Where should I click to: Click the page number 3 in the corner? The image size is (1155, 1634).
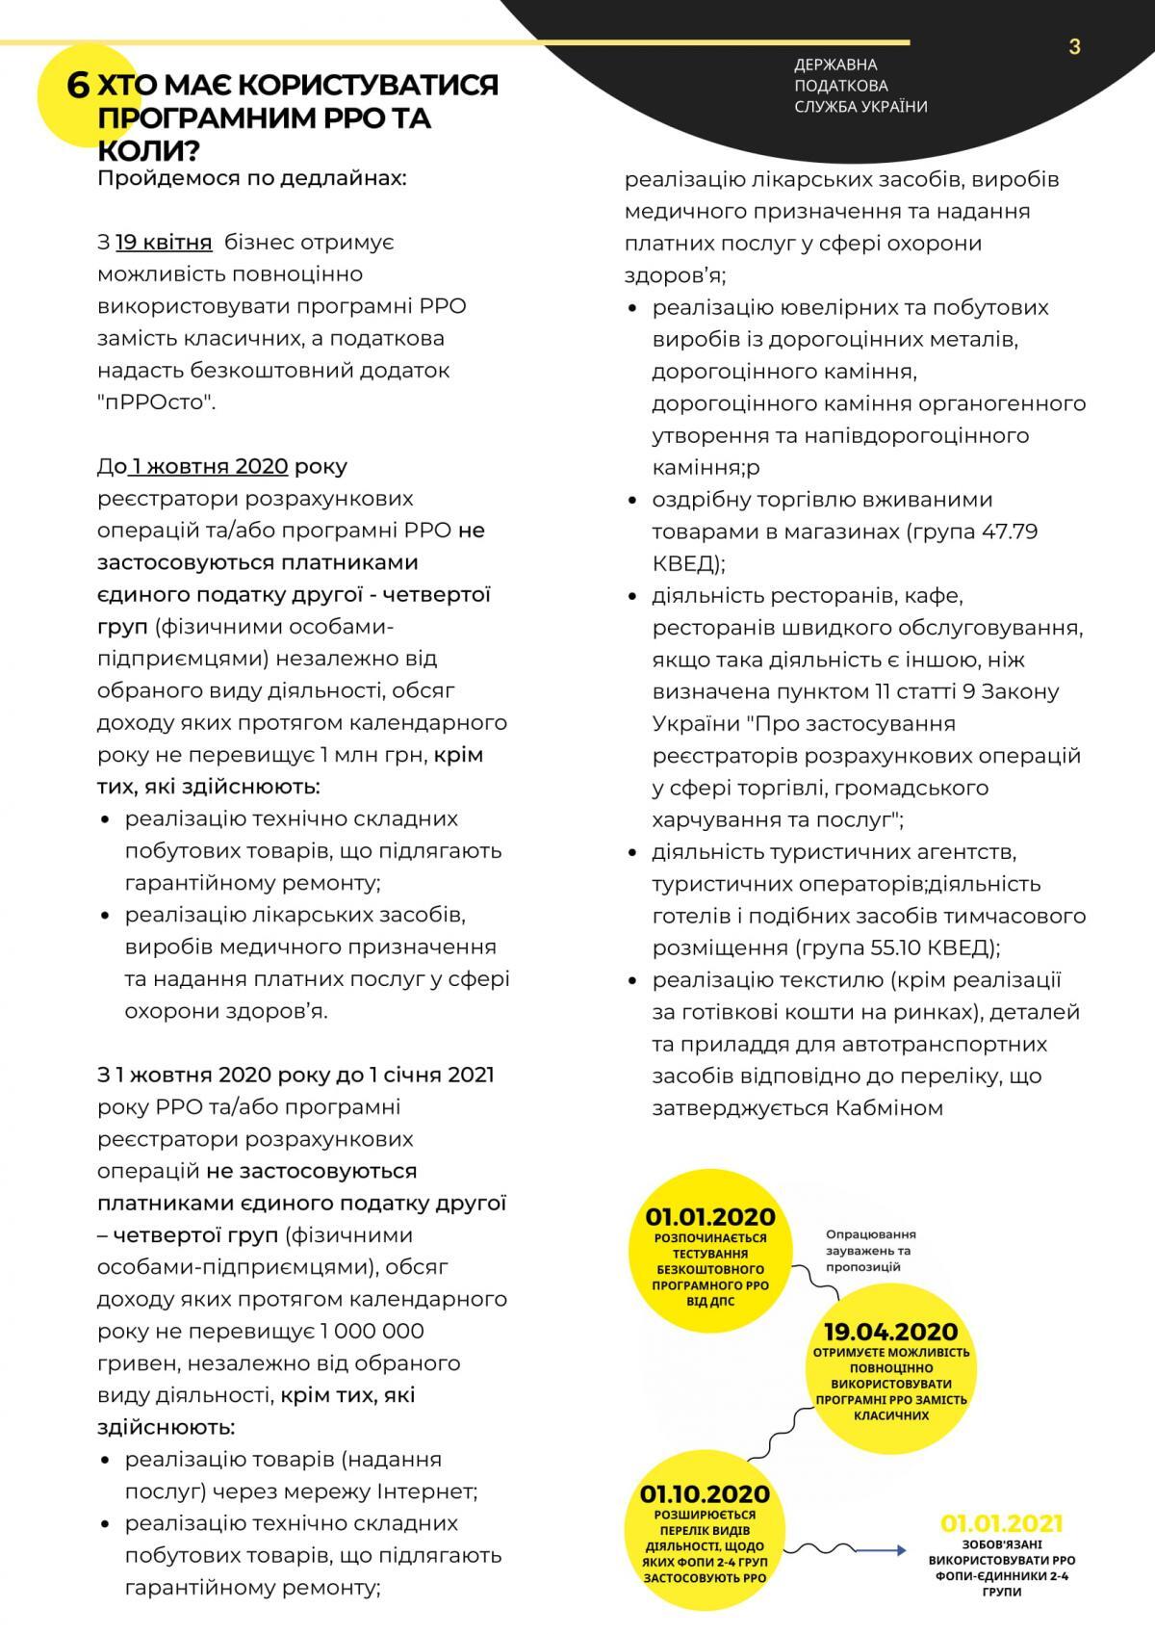1074,47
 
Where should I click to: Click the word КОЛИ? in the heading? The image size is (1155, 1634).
149,151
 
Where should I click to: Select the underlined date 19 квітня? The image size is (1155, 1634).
164,242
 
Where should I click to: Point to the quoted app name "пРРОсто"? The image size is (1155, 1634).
156,402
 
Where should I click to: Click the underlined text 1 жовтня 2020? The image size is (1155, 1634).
210,467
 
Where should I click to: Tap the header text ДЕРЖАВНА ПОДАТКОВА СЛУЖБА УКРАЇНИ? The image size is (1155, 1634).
860,86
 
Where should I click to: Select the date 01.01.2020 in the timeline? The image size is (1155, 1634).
710,1218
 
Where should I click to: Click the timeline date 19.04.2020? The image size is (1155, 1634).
890,1333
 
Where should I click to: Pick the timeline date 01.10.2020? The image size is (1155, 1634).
705,1494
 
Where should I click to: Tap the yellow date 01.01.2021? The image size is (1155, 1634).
1002,1523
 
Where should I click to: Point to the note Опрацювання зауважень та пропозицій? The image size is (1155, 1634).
870,1251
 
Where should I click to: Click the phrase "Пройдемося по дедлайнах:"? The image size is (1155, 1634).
252,179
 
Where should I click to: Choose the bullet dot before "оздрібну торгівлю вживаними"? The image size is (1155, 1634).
632,501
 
